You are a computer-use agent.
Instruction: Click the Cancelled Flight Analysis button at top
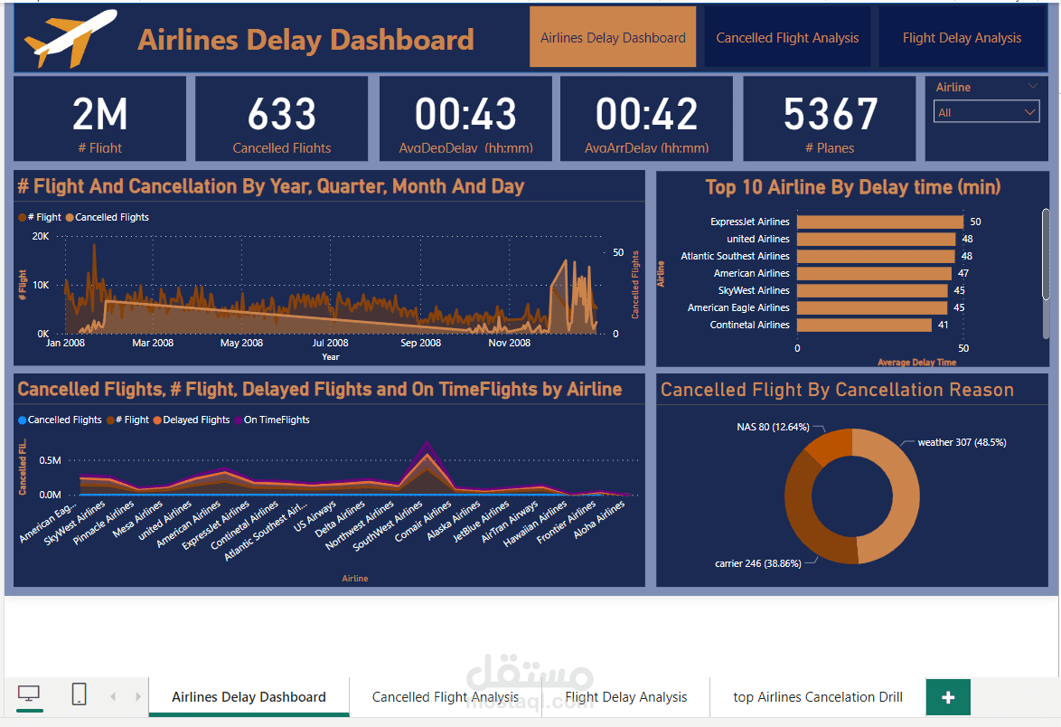[x=787, y=38]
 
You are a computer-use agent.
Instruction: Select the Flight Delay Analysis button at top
[x=962, y=38]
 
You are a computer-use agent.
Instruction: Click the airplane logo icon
[x=71, y=40]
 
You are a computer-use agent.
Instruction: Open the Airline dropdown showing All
[x=987, y=112]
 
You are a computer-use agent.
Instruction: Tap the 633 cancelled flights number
[x=282, y=115]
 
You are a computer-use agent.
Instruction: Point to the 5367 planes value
[x=830, y=115]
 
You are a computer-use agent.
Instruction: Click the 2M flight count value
[x=99, y=115]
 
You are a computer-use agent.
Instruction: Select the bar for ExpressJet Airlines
[x=879, y=222]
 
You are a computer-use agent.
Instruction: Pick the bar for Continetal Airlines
[x=864, y=325]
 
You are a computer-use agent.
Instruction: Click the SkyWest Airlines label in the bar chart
[x=753, y=290]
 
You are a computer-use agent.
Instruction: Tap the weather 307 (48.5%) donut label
[x=962, y=442]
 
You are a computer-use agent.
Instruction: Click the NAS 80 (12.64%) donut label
[x=773, y=427]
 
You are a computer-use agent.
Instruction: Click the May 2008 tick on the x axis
[x=241, y=343]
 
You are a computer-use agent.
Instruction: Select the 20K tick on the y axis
[x=41, y=236]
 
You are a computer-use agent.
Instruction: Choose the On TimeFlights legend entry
[x=277, y=420]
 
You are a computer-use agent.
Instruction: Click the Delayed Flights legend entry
[x=196, y=420]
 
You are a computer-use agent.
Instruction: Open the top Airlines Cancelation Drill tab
[x=817, y=696]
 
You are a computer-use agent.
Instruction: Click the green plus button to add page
[x=948, y=697]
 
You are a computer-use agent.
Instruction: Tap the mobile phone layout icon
[x=79, y=694]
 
